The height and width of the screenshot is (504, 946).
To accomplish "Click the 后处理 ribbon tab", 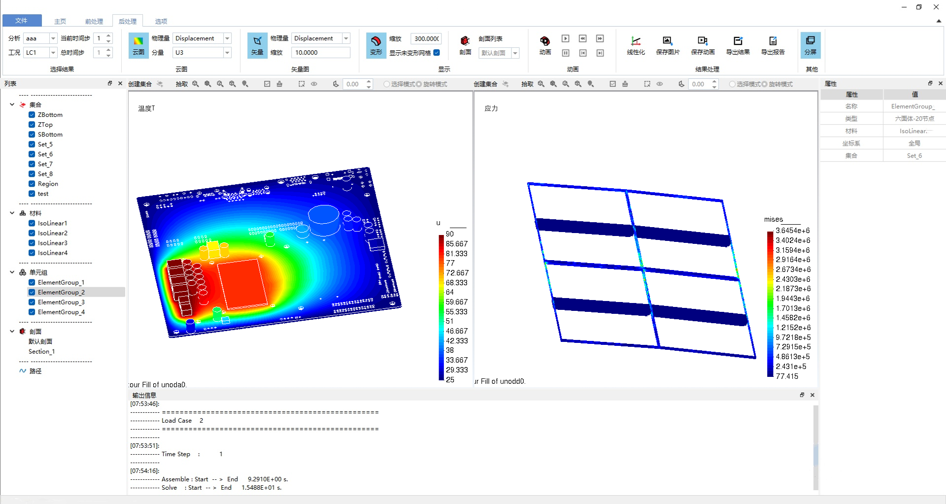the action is (x=128, y=21).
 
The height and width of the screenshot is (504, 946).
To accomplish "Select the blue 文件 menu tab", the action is (x=21, y=20).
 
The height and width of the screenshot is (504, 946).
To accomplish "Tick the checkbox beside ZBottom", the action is (x=32, y=115).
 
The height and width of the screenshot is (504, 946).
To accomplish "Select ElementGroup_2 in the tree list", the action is (x=61, y=292).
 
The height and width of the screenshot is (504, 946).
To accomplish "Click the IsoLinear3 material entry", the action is (x=53, y=243).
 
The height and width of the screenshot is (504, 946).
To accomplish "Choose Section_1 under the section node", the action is (x=42, y=351).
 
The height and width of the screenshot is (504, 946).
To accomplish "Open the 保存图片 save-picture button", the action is (x=668, y=45).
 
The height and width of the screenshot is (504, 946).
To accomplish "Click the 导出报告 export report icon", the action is (x=773, y=45).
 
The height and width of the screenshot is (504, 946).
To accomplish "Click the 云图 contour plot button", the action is (x=138, y=45).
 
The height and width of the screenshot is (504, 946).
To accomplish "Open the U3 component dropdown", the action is (x=202, y=52).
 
